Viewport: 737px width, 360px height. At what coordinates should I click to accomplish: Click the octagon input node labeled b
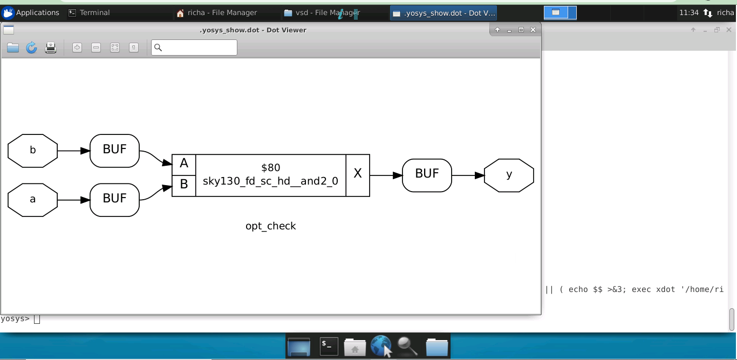tap(32, 151)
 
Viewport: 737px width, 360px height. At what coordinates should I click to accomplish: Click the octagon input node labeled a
tap(32, 200)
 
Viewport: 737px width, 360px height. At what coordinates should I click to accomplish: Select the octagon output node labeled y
tap(509, 175)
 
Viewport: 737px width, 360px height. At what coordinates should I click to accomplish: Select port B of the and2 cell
tap(184, 185)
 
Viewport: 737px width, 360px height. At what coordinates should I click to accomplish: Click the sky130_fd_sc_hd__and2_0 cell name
tap(270, 181)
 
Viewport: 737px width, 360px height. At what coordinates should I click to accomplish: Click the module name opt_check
tap(270, 226)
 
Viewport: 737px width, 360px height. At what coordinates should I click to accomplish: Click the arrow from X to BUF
tap(386, 175)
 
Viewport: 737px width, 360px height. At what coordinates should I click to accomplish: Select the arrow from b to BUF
tap(73, 151)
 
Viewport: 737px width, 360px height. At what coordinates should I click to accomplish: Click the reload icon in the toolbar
tap(32, 47)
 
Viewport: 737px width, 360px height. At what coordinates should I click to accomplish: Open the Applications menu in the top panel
tap(31, 12)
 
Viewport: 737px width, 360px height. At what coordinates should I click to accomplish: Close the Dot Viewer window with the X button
tap(533, 30)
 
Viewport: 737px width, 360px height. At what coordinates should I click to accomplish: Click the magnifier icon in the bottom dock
tap(407, 347)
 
